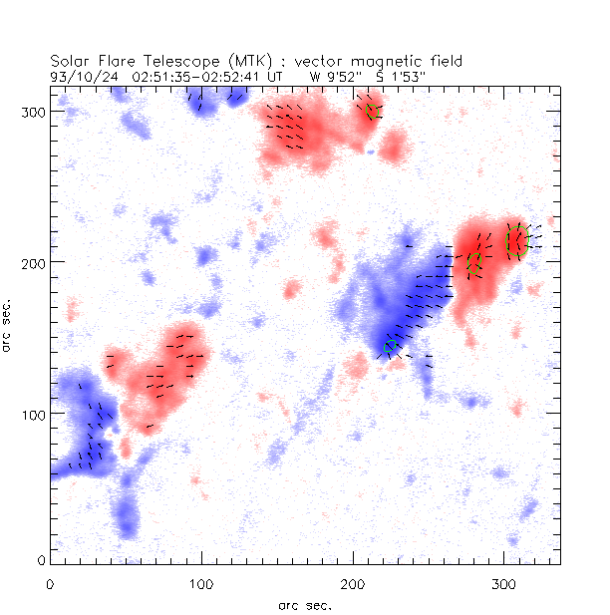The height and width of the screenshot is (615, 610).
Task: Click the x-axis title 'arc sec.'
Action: click(x=304, y=605)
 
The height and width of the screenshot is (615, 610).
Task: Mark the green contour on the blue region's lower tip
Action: click(x=391, y=346)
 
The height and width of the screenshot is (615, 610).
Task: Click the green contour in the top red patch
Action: click(x=374, y=111)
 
